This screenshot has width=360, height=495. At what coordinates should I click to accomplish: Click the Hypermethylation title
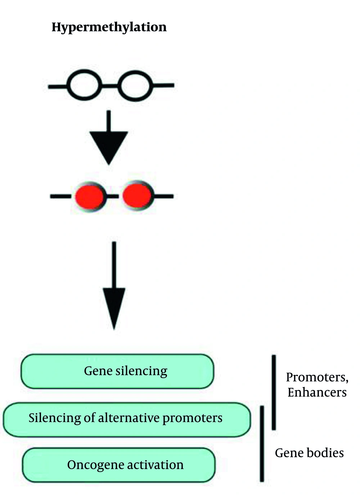pyautogui.click(x=109, y=27)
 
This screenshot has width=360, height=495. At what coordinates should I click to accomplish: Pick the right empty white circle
pyautogui.click(x=135, y=85)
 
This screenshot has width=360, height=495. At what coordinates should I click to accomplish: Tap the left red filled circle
pyautogui.click(x=90, y=196)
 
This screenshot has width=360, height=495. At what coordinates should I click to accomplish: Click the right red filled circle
pyautogui.click(x=137, y=196)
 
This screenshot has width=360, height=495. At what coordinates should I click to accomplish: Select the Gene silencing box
pyautogui.click(x=117, y=371)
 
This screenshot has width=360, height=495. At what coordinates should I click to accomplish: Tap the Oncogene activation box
pyautogui.click(x=119, y=465)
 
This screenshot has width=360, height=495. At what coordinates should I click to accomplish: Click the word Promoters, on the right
pyautogui.click(x=317, y=377)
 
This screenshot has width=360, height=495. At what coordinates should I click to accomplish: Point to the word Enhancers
pyautogui.click(x=317, y=392)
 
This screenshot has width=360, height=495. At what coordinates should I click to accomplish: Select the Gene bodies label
pyautogui.click(x=309, y=453)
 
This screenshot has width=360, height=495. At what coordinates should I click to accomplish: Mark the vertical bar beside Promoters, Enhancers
pyautogui.click(x=274, y=392)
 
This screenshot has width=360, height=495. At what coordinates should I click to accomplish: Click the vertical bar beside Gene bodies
pyautogui.click(x=262, y=443)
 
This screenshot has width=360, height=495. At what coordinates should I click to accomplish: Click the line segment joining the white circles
pyautogui.click(x=109, y=85)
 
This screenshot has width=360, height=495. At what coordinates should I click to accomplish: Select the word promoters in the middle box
pyautogui.click(x=192, y=418)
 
